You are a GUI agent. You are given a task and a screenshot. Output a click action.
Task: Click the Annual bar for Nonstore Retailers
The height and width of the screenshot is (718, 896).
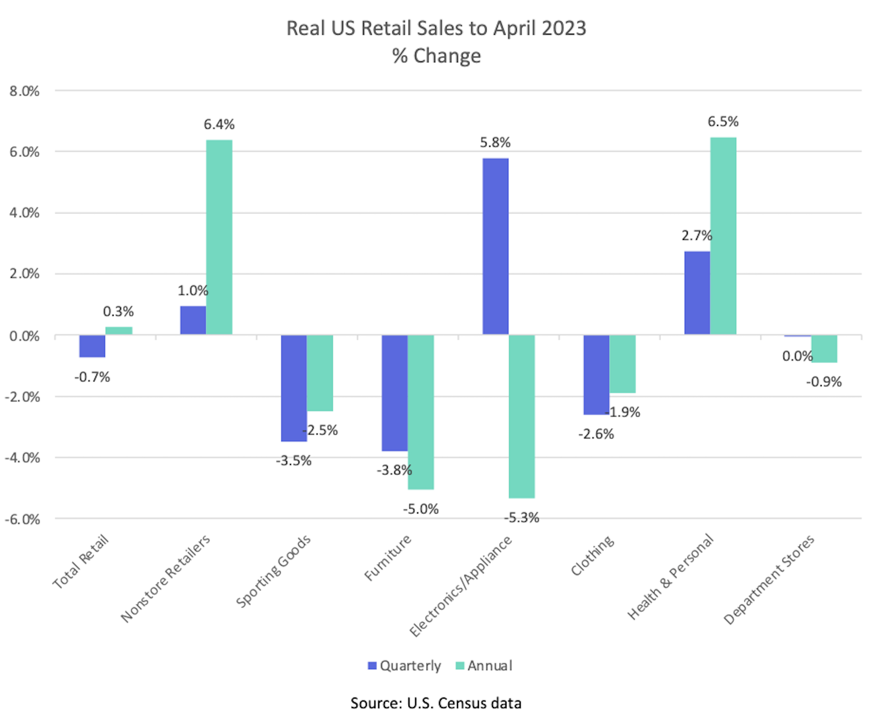click(219, 237)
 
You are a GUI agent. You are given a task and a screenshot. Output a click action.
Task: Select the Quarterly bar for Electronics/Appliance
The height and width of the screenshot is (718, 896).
click(495, 246)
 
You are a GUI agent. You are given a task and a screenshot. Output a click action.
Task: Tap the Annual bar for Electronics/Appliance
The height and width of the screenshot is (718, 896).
click(522, 416)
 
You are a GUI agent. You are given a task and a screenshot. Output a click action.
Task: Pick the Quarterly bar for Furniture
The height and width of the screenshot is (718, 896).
click(394, 393)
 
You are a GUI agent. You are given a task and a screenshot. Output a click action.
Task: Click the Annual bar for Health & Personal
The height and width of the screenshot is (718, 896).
click(723, 236)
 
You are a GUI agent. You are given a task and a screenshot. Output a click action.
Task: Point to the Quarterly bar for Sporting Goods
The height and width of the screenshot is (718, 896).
click(294, 388)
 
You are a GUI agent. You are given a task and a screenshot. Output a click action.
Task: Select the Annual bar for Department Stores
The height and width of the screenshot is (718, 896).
click(824, 349)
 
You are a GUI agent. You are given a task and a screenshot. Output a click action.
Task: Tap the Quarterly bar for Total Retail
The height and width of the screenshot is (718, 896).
click(92, 346)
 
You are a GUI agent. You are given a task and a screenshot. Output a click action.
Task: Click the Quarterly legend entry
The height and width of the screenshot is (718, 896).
click(405, 666)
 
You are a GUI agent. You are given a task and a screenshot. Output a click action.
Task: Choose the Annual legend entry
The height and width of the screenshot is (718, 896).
click(484, 666)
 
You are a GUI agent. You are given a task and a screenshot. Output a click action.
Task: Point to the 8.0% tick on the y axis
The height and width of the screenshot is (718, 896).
click(24, 91)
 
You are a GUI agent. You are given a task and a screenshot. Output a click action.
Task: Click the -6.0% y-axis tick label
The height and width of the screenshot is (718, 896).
click(22, 519)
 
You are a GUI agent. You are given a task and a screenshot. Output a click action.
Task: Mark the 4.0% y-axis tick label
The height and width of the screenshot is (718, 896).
click(24, 213)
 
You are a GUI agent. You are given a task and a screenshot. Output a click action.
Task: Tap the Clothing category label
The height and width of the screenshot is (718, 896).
click(592, 556)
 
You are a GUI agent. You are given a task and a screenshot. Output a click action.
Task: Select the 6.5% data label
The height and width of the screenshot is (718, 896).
click(723, 121)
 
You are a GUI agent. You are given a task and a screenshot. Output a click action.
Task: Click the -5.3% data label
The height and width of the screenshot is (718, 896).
click(522, 518)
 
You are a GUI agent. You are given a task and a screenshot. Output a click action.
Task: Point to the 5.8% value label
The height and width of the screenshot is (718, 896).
click(495, 143)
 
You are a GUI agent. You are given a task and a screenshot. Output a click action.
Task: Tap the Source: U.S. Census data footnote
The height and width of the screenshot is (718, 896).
click(436, 703)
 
